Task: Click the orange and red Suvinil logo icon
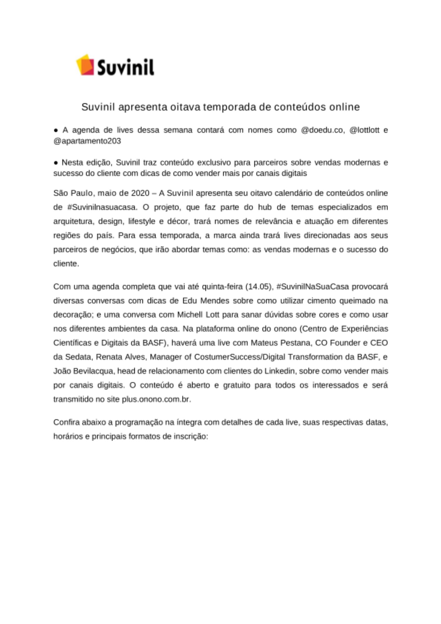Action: [x=85, y=65]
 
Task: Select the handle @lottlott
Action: [x=364, y=130]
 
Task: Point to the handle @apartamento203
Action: [x=87, y=141]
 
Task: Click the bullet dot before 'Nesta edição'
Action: [x=56, y=163]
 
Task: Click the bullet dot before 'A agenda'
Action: [x=56, y=130]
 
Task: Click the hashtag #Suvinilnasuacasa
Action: [x=102, y=207]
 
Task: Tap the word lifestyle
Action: [x=142, y=221]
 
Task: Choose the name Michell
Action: [x=190, y=314]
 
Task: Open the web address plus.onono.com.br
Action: [x=156, y=399]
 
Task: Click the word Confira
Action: [x=66, y=422]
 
